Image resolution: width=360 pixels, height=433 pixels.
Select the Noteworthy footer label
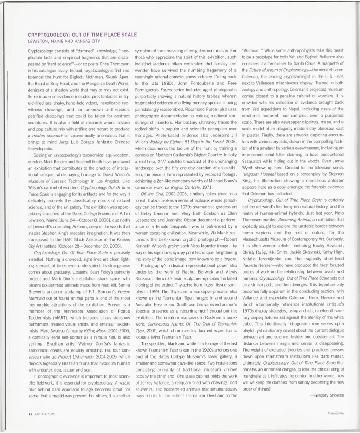tap(336, 414)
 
